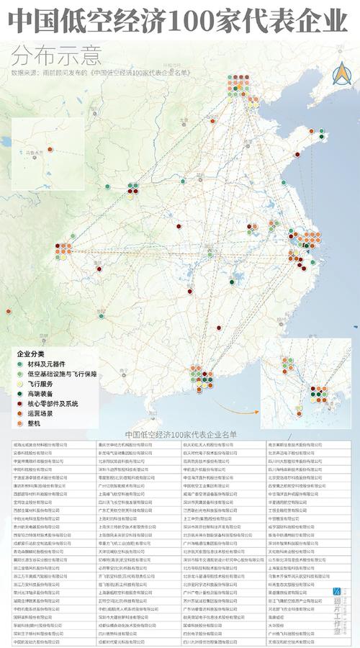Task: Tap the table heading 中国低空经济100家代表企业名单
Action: click(180, 435)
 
